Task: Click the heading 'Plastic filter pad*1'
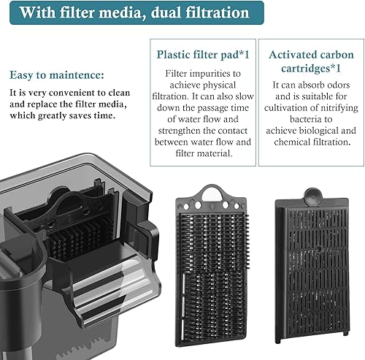[199, 54]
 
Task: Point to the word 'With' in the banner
[29, 12]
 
